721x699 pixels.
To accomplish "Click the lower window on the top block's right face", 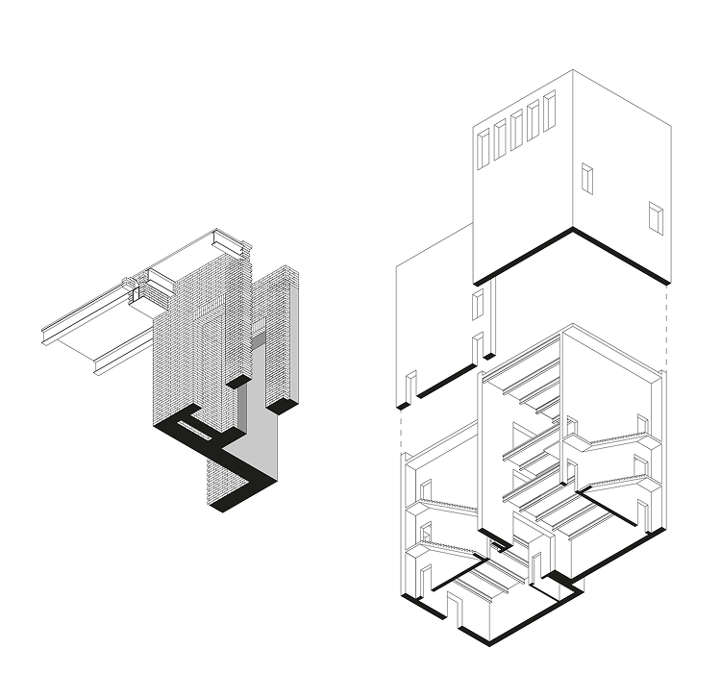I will coord(657,217).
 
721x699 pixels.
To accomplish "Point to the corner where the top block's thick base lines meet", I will coord(573,230).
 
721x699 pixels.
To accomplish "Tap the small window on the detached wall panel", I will coord(475,306).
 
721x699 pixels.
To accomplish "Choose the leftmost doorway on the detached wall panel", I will coord(410,386).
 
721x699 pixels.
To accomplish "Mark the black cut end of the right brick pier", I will coord(281,407).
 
